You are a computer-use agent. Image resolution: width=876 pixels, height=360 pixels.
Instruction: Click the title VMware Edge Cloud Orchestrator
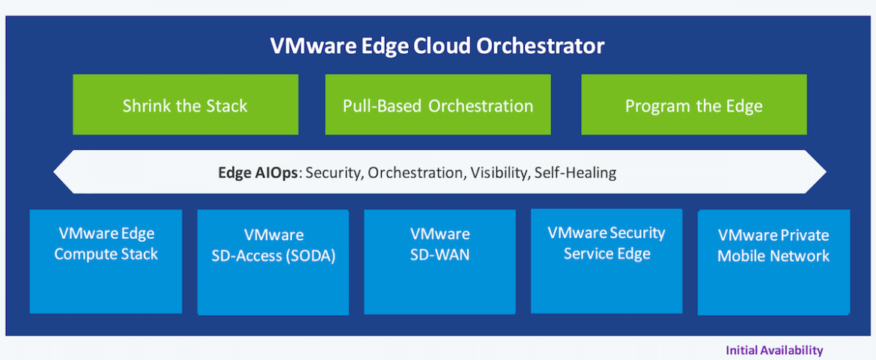[x=437, y=46]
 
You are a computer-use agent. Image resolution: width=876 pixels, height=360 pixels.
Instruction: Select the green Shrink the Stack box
[x=186, y=104]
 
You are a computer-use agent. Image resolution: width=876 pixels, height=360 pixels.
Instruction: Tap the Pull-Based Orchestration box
[x=438, y=104]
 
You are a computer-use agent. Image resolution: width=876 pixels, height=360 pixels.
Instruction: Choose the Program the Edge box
[x=694, y=104]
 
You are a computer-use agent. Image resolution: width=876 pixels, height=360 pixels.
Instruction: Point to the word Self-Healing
[x=575, y=172]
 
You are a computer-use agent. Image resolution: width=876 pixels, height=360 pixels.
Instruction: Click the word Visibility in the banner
[x=499, y=172]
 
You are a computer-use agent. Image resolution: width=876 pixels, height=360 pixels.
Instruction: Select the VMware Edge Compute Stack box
[x=106, y=261]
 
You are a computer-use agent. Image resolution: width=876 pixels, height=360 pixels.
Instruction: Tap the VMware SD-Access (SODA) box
[x=273, y=262]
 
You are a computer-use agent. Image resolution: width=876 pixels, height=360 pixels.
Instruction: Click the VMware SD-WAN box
[x=439, y=261]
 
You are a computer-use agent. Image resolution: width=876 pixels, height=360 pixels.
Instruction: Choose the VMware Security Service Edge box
[x=606, y=260]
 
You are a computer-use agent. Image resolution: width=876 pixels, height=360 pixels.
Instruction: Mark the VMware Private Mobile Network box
[x=773, y=262]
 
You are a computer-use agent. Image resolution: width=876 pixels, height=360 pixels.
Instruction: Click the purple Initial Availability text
[x=774, y=350]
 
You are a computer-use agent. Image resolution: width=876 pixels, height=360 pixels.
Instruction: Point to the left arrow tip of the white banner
[x=54, y=172]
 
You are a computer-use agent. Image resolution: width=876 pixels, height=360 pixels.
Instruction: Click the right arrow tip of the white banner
[x=826, y=172]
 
